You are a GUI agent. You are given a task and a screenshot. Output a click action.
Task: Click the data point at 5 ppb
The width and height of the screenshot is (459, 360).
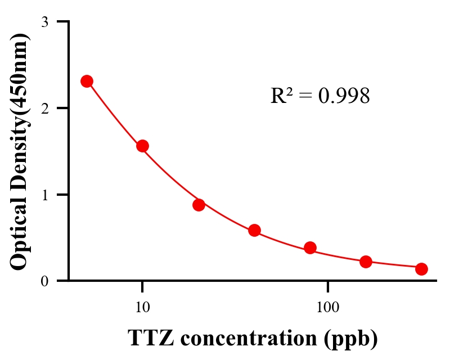point(87,81)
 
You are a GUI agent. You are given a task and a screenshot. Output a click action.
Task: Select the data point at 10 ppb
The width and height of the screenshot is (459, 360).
point(142,146)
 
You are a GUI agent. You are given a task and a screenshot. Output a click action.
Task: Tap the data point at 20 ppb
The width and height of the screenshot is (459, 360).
point(199,205)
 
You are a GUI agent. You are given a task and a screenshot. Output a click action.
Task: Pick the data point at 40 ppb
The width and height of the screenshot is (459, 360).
point(254,230)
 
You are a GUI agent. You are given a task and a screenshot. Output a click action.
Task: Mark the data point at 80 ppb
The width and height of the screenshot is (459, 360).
point(310,247)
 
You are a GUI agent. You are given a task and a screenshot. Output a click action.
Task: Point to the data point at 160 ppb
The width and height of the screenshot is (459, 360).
point(366,262)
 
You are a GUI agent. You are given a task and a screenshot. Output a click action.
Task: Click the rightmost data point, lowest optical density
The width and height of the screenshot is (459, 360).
point(421,269)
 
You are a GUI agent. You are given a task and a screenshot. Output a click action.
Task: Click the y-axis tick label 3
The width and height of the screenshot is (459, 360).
point(44,22)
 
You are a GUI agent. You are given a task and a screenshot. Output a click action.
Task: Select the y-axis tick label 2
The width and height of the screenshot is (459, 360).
point(44,108)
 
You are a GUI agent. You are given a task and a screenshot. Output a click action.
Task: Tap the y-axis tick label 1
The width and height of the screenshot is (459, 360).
point(44,195)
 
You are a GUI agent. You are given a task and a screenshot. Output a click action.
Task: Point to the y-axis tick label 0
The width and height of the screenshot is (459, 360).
point(44,281)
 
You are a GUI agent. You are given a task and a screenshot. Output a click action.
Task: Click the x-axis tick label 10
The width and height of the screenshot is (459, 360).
point(142,308)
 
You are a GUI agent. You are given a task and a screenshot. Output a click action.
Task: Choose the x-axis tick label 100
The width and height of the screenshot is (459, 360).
point(327,308)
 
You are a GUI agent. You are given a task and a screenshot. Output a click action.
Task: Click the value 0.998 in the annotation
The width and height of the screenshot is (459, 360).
point(344,96)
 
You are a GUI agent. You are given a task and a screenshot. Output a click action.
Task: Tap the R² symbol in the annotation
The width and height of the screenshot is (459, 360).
point(281,96)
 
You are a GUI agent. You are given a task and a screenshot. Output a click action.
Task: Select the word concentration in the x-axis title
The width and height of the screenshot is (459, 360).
point(247,339)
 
